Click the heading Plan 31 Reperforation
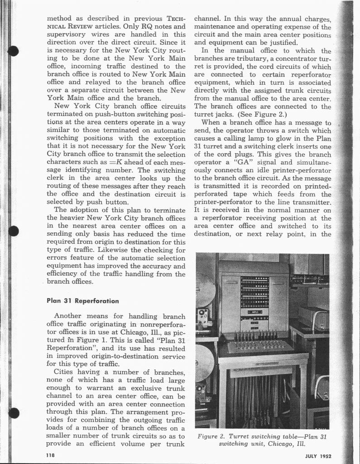tap(82, 300)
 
